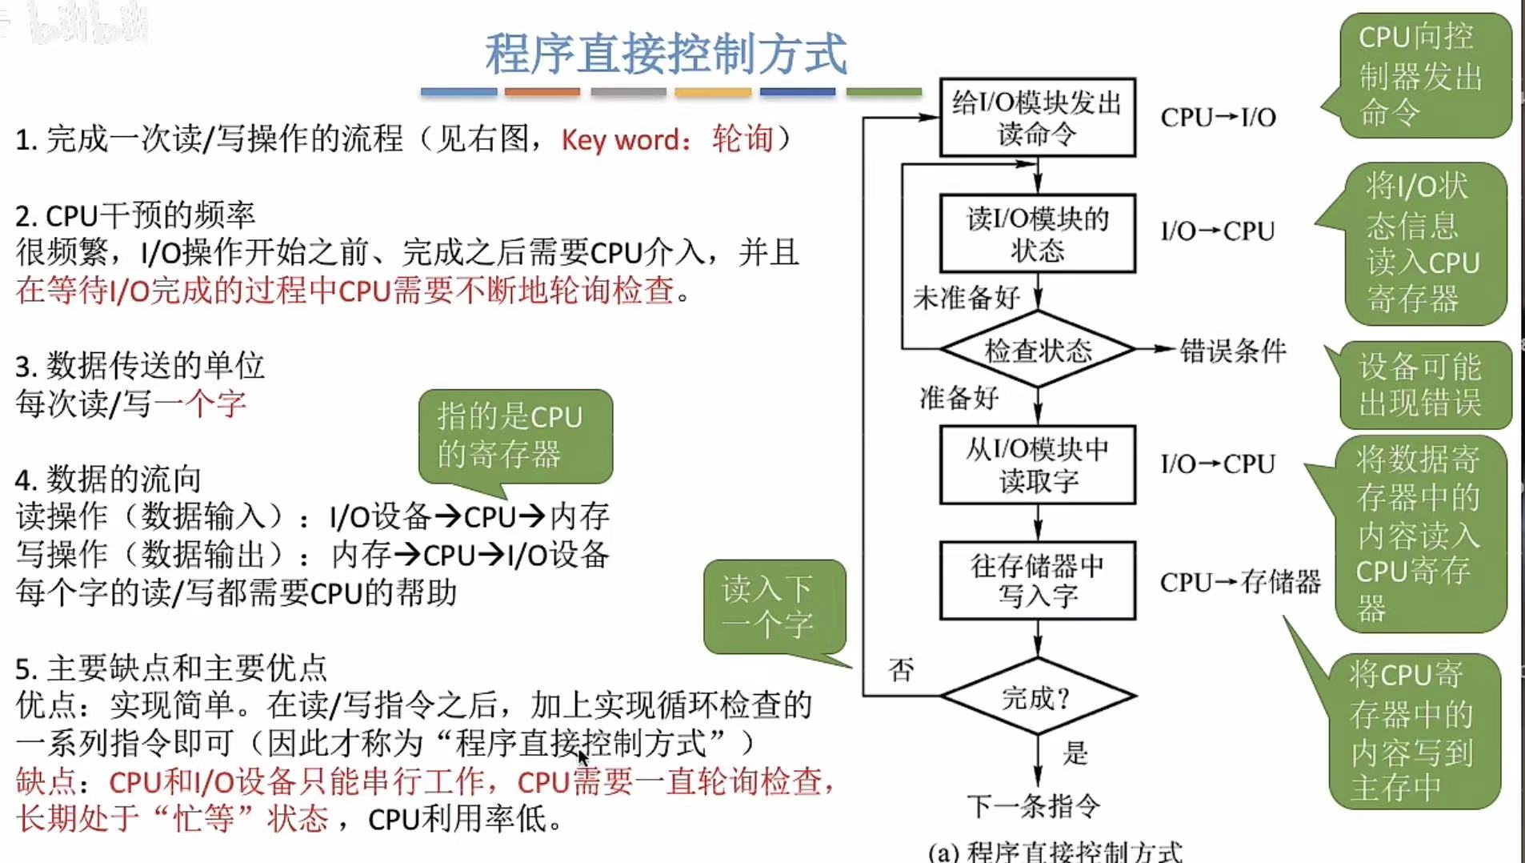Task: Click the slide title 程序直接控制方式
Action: click(x=665, y=54)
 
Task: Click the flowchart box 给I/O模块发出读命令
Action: click(x=1037, y=117)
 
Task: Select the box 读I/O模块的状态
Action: click(x=1037, y=233)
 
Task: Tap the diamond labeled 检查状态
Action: click(x=1037, y=350)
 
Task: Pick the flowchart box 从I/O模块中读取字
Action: click(x=1037, y=464)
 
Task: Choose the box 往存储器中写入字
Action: click(x=1037, y=580)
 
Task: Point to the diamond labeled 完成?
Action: click(x=1037, y=696)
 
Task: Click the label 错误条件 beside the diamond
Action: click(x=1232, y=350)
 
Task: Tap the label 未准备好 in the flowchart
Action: click(x=966, y=298)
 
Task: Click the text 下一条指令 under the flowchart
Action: click(x=1033, y=805)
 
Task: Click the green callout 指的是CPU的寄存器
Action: click(x=514, y=436)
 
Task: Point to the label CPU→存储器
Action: click(x=1239, y=582)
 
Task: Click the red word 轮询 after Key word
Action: click(x=742, y=139)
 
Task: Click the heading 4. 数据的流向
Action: click(x=108, y=479)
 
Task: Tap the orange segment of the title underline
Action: click(x=542, y=92)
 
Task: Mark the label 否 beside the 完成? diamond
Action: click(x=901, y=669)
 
